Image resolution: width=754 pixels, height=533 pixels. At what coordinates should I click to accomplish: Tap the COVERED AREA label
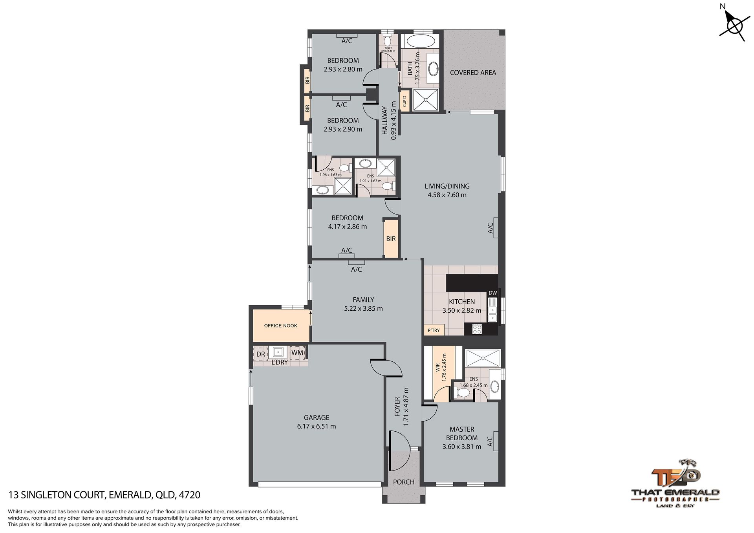pyautogui.click(x=473, y=73)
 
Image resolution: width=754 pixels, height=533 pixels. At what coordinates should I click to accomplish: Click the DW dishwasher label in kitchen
pyautogui.click(x=492, y=293)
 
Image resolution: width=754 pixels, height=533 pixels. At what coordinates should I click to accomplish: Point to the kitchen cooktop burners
pyautogui.click(x=477, y=329)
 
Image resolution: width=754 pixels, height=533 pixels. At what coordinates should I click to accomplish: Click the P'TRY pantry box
pyautogui.click(x=434, y=330)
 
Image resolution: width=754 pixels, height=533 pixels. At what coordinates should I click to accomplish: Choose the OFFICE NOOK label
pyautogui.click(x=280, y=326)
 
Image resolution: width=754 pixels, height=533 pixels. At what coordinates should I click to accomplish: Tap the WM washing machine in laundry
pyautogui.click(x=297, y=353)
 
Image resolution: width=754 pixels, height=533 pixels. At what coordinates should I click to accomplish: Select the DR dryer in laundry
pyautogui.click(x=261, y=354)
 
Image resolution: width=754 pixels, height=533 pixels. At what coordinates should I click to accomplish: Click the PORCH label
pyautogui.click(x=404, y=482)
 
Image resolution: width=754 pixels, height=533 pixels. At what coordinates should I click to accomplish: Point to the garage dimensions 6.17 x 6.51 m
pyautogui.click(x=317, y=426)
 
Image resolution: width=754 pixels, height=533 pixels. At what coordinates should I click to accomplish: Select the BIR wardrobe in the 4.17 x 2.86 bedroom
pyautogui.click(x=391, y=239)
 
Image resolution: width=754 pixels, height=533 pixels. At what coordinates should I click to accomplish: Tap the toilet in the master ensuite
pyautogui.click(x=463, y=393)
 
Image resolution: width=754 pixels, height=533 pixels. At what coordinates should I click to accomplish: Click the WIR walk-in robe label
pyautogui.click(x=437, y=368)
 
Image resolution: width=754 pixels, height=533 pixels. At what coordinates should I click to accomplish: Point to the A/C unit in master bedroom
pyautogui.click(x=495, y=441)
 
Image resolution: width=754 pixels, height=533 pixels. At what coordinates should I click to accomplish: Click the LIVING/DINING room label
pyautogui.click(x=447, y=186)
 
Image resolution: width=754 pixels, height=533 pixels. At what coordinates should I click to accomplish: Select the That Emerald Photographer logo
pyautogui.click(x=675, y=483)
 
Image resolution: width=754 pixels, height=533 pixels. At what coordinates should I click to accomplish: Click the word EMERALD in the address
pyautogui.click(x=130, y=495)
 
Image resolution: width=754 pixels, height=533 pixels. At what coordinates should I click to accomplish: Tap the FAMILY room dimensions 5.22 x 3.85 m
pyautogui.click(x=363, y=309)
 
